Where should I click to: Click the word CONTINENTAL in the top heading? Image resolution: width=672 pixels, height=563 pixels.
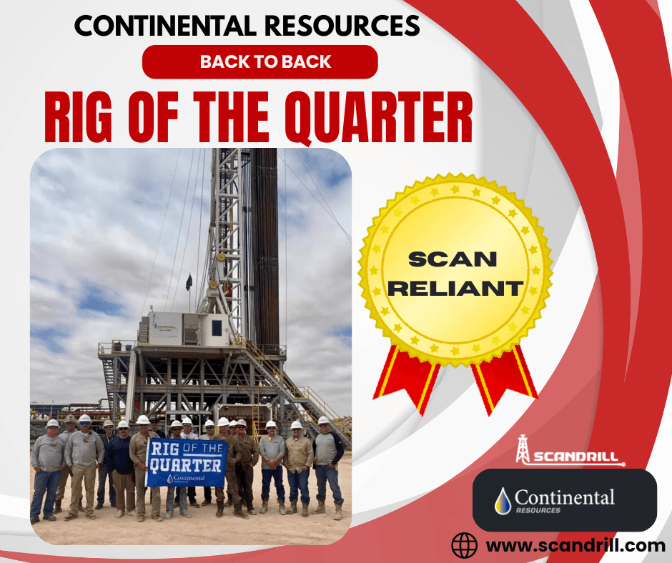point(165,26)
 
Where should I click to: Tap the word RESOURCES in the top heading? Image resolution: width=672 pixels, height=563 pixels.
point(342,26)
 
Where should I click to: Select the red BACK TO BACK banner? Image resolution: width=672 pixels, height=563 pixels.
point(260,61)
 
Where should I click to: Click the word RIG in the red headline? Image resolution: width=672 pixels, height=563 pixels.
point(79,116)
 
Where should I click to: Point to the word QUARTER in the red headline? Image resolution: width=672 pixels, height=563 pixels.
point(379,117)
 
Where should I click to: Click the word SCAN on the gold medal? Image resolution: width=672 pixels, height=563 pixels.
point(453,259)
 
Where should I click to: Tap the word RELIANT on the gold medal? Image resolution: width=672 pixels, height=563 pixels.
point(455,289)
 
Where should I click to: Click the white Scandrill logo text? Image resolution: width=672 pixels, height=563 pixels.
point(575,457)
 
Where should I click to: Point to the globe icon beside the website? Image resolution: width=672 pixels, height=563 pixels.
point(464,545)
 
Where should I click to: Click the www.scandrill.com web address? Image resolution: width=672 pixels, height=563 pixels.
point(575,546)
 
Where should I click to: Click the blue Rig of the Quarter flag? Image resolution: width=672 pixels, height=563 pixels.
point(187,463)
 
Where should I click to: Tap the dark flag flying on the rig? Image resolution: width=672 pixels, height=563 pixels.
point(189,282)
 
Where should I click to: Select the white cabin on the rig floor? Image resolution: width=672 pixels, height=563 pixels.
point(189,329)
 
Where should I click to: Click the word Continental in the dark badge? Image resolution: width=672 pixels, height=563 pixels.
point(565,497)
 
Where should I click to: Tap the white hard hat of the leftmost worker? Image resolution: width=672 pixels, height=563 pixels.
point(52,423)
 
